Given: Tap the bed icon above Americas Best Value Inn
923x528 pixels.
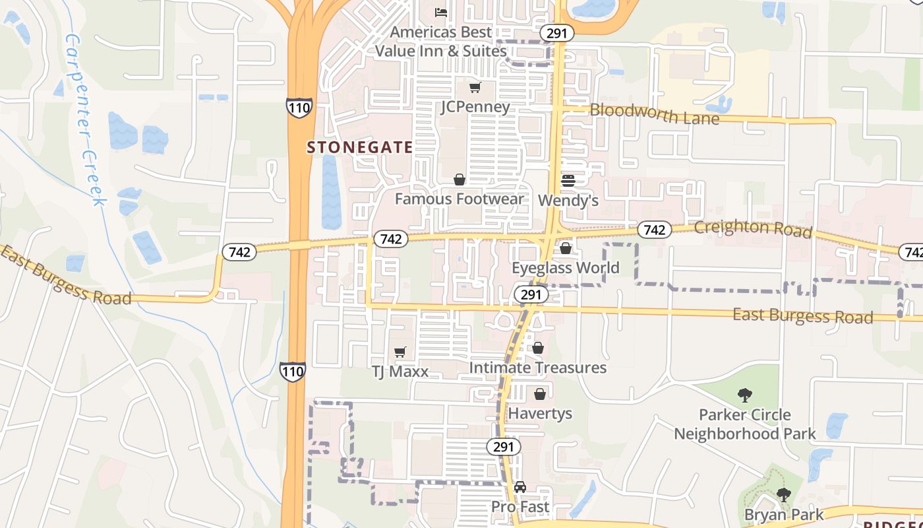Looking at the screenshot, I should point(441,13).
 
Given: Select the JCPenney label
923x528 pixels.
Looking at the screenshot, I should point(475,107).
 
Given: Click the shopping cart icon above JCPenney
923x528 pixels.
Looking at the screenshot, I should point(475,88).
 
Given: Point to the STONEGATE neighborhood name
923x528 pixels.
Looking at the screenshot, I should point(360,147).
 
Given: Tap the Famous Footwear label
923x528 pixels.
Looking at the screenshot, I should point(460,199).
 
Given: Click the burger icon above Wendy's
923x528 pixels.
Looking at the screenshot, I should point(568,180).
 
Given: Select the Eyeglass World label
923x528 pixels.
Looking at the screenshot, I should point(566,268).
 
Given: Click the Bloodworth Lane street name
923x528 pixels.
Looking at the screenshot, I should point(654,114).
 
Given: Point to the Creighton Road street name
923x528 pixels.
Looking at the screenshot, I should point(753,228).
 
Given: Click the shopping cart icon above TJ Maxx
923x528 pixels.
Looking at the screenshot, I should point(400,352).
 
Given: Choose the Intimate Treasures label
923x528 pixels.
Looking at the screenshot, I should point(538,368).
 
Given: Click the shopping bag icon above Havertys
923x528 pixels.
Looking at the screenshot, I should point(540,394).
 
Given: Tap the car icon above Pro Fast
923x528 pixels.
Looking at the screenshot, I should point(520,488).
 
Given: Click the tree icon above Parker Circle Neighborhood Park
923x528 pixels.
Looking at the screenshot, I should point(745,395).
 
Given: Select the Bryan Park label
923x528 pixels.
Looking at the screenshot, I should point(784,514).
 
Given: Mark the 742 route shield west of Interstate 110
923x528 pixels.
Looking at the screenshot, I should point(239,251).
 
